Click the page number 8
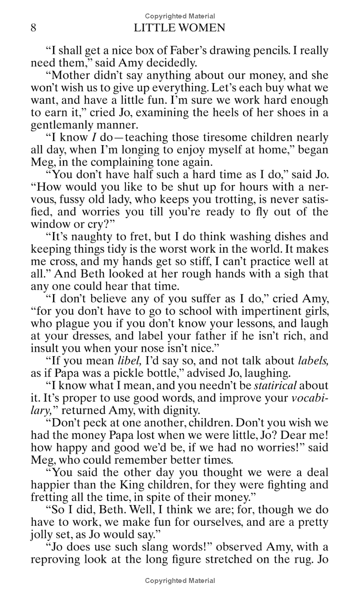(x=33, y=28)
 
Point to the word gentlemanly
(x=56, y=125)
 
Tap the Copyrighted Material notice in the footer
(x=180, y=581)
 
